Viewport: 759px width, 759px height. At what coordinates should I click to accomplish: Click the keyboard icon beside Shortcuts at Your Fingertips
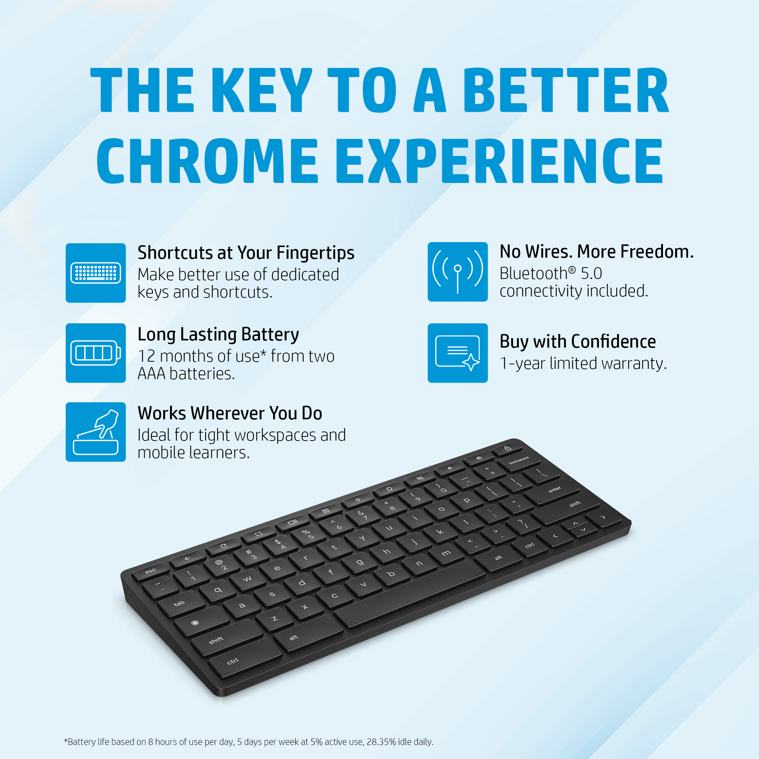[x=96, y=272]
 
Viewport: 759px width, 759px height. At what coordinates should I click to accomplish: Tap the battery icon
[x=96, y=353]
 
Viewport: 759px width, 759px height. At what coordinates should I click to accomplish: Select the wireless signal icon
[x=457, y=272]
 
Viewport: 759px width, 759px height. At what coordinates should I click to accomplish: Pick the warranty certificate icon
[x=457, y=353]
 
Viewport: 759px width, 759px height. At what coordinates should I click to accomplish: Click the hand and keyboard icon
[x=96, y=432]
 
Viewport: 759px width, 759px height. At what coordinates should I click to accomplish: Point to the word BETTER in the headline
[x=566, y=90]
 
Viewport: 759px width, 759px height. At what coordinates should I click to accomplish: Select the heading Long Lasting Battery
[x=218, y=335]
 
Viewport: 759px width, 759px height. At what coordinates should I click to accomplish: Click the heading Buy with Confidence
[x=578, y=342]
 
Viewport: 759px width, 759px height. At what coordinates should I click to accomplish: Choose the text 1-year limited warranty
[x=583, y=364]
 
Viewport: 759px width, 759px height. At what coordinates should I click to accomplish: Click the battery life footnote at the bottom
[x=249, y=742]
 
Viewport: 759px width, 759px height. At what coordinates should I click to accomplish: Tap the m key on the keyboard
[x=446, y=553]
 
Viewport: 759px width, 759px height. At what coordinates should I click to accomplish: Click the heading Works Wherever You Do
[x=230, y=413]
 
